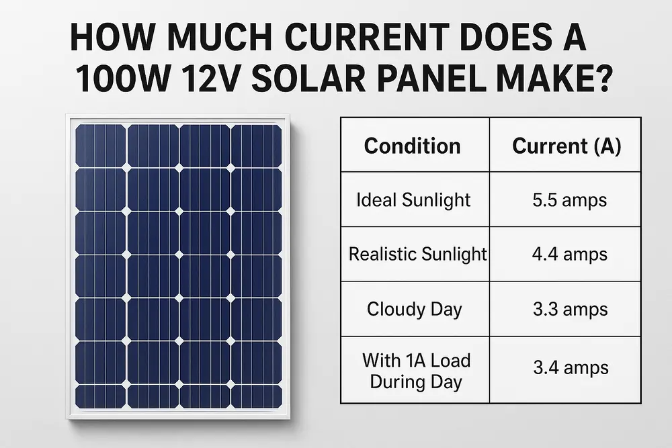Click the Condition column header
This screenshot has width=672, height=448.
(412, 146)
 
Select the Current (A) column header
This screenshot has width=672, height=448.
(566, 146)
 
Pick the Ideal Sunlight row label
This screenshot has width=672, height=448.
(413, 200)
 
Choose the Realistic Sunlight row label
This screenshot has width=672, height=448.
(417, 255)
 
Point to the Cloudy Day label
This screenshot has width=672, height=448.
(414, 309)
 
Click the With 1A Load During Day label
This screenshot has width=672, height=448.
(416, 371)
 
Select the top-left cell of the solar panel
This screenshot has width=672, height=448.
(100, 146)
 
